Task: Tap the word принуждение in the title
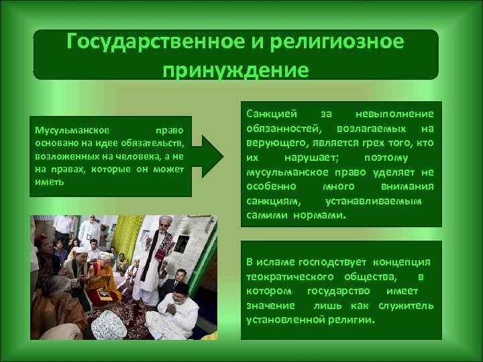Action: click(235, 70)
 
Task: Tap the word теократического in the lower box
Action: click(290, 276)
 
